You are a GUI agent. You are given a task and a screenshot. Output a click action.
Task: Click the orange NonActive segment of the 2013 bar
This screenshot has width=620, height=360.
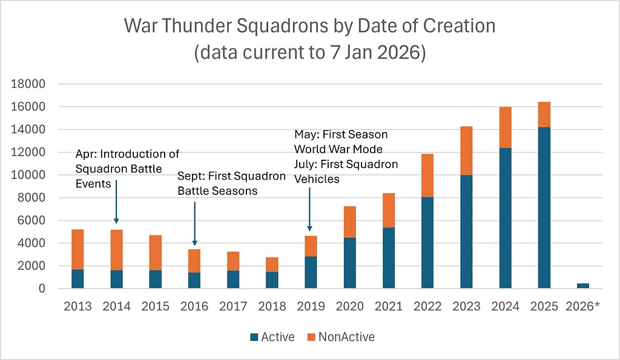pos(77,249)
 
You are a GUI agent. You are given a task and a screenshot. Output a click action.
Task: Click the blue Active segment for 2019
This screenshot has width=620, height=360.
pos(310,272)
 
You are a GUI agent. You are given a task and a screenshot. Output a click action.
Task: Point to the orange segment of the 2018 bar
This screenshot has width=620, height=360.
pos(271,264)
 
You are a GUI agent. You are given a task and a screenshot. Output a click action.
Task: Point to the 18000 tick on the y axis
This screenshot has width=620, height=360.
pos(28,84)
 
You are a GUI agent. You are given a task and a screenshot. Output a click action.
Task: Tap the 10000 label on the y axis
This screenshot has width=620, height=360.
pos(28,175)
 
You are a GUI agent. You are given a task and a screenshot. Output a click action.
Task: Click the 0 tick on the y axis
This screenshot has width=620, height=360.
pos(42,289)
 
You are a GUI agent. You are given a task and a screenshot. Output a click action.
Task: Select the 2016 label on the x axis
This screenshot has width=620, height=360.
pos(194,306)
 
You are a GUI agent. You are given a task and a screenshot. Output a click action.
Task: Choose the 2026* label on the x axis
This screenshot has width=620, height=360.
pos(582,306)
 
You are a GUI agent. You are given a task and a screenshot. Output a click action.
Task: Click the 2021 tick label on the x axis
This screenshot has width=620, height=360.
pos(387,306)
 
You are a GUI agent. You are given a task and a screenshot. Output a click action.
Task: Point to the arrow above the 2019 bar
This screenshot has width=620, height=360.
pos(310,209)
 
